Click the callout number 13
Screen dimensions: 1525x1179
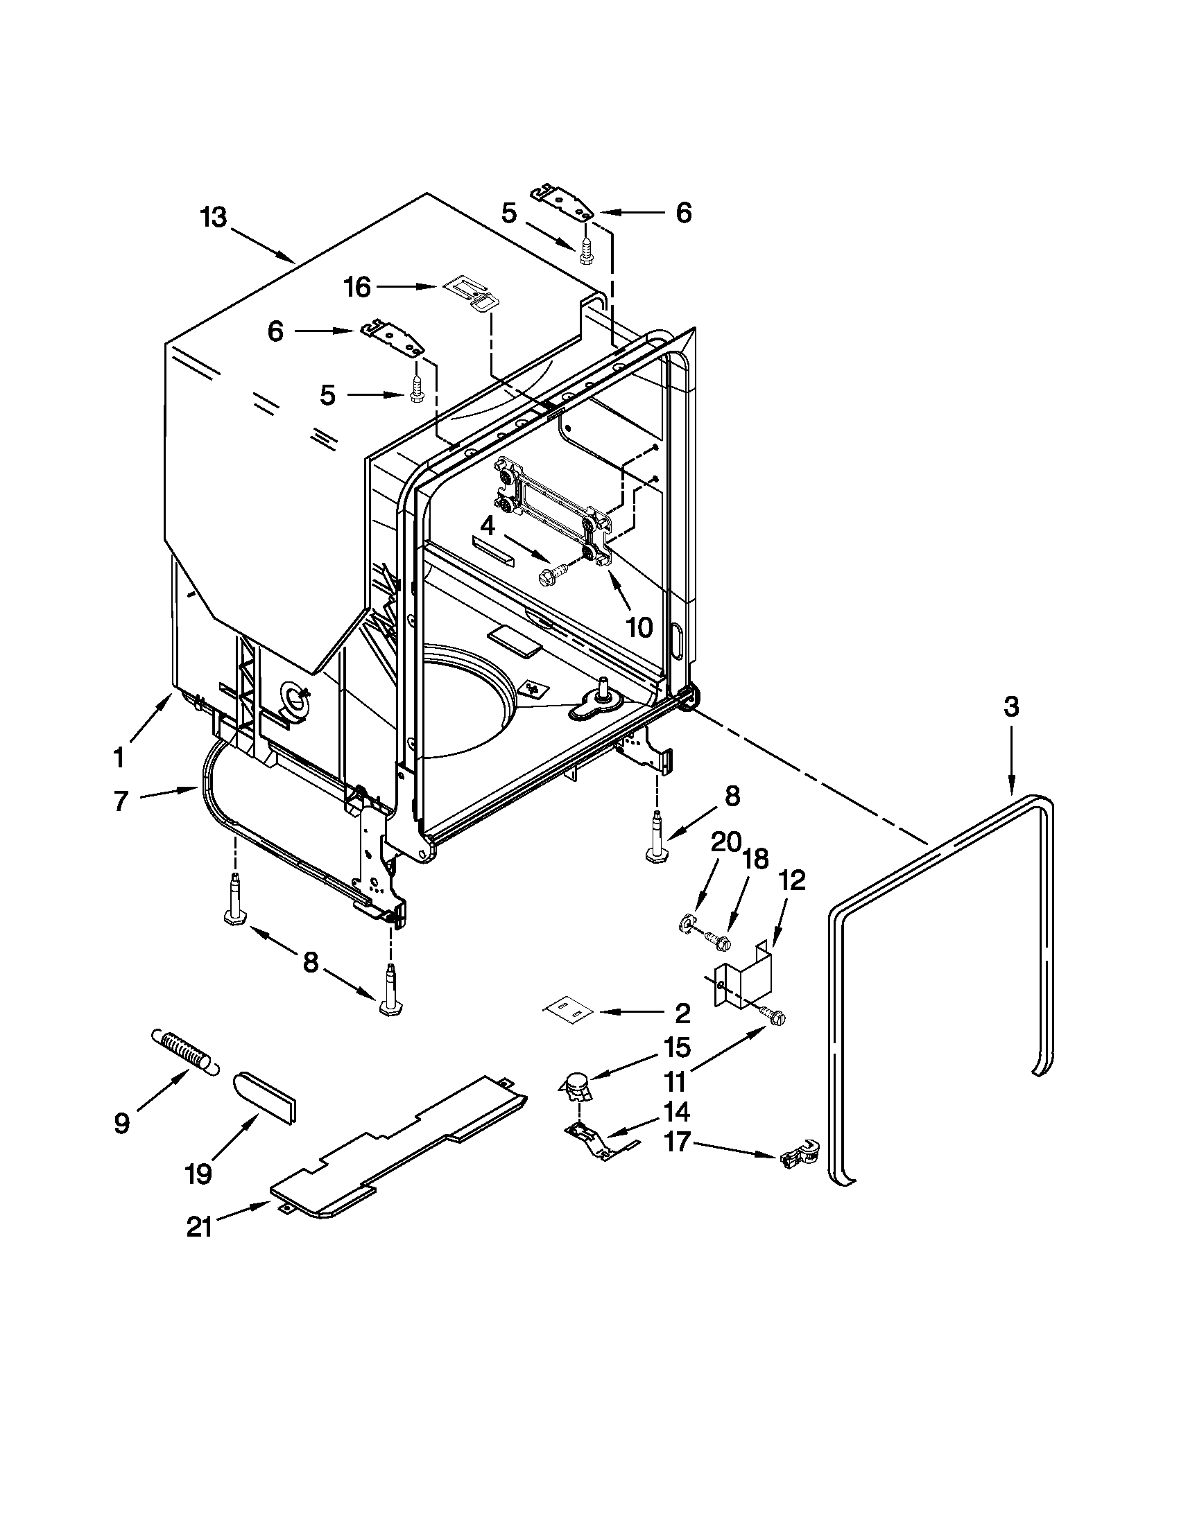click(214, 217)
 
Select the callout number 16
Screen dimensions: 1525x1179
click(358, 287)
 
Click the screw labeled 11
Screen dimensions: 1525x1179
click(773, 1016)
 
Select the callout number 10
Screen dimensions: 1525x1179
click(638, 627)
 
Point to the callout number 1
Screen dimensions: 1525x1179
click(119, 756)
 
